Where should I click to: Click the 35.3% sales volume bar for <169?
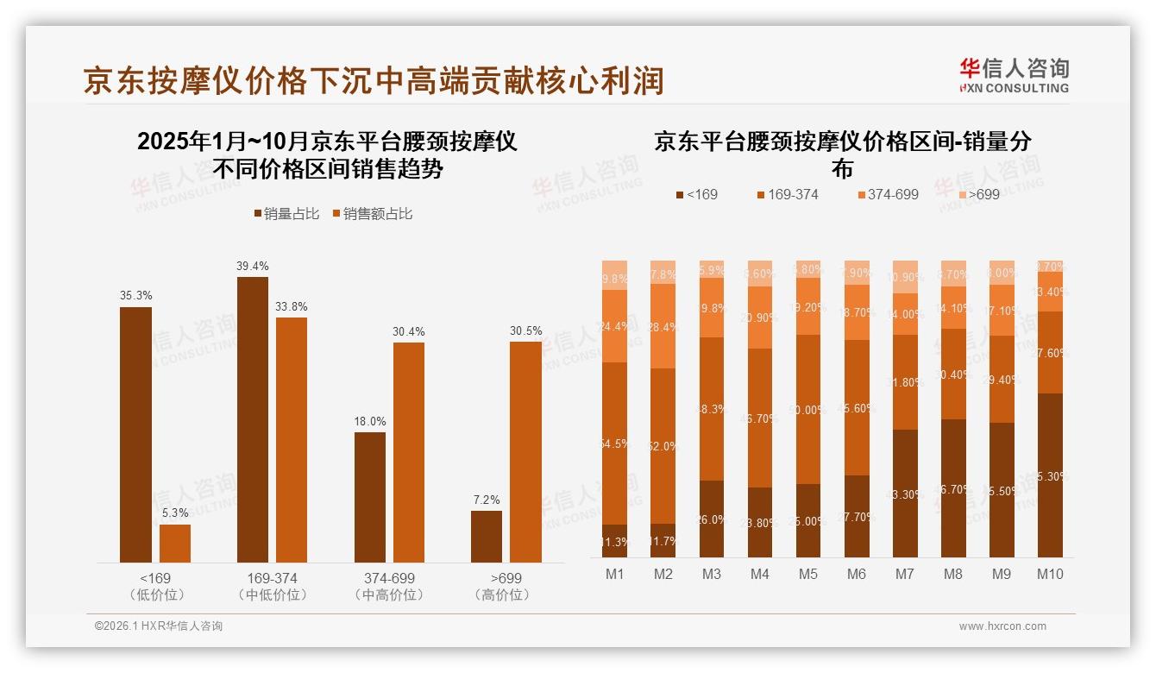coord(135,435)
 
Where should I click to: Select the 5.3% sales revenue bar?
coord(175,544)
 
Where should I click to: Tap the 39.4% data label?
coord(252,266)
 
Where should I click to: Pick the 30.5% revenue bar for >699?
coord(525,452)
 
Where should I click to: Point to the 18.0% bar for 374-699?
coord(370,497)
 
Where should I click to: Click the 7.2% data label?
coord(487,500)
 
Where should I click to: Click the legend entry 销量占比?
coord(288,214)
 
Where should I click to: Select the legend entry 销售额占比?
coord(372,214)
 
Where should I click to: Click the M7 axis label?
coord(905,574)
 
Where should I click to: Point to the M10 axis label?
coord(1050,574)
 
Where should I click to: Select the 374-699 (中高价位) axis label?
coord(389,587)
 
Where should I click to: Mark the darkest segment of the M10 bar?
coord(1050,475)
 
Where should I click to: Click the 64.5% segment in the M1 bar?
coord(615,443)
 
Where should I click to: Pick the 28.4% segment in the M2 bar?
coord(663,326)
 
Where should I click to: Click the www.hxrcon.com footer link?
coord(1002,626)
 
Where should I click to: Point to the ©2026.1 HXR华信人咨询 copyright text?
coord(159,626)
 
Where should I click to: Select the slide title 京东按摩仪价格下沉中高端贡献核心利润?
coord(373,80)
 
